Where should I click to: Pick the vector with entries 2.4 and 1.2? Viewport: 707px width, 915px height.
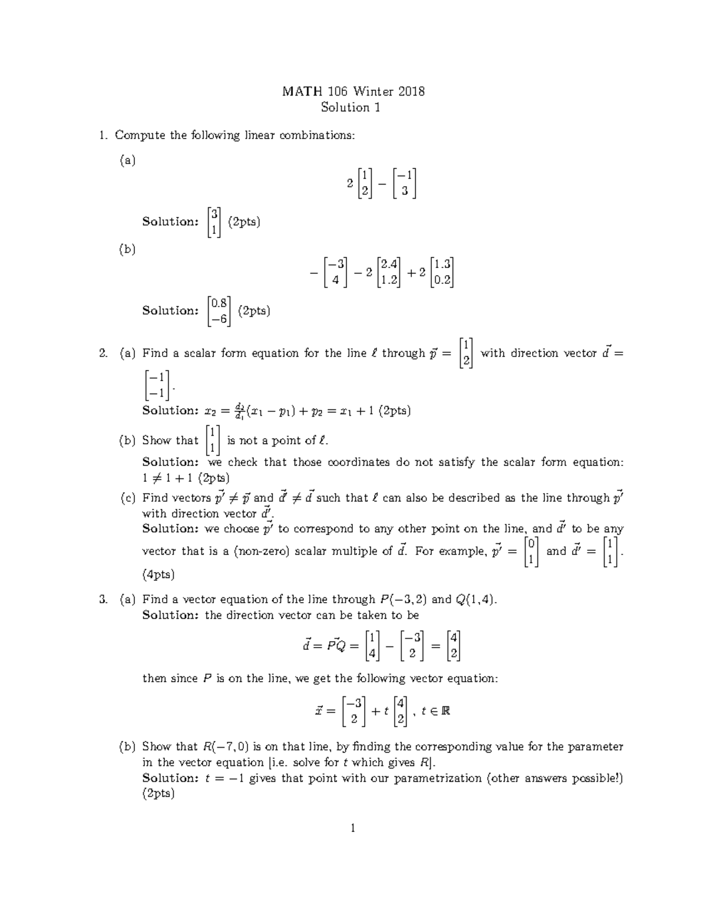point(389,272)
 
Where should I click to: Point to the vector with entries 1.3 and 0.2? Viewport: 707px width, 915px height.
point(442,272)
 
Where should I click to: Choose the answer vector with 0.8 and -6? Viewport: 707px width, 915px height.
point(219,310)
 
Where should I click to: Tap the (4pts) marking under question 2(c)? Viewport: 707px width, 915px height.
point(158,574)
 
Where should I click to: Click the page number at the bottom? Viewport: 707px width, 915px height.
point(353,828)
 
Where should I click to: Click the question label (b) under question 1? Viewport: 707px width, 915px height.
point(127,249)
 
